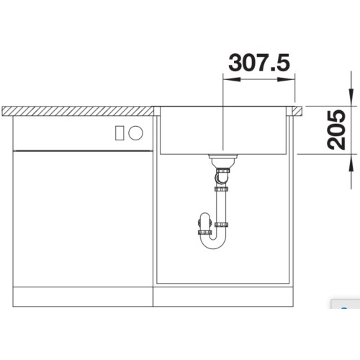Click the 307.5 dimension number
click(x=259, y=63)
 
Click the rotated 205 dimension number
click(x=336, y=130)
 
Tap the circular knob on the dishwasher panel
click(x=135, y=132)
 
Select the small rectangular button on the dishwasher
click(x=120, y=132)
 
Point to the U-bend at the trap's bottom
click(x=213, y=243)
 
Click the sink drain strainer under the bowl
click(x=223, y=160)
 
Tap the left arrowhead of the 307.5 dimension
click(x=232, y=79)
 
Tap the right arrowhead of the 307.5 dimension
click(x=287, y=79)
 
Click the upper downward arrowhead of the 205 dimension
click(x=351, y=97)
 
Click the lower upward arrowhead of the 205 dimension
click(x=351, y=163)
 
